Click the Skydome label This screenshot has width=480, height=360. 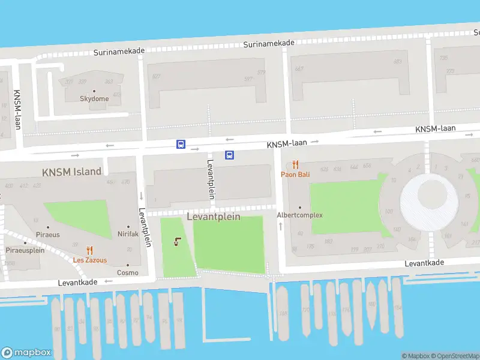(95, 98)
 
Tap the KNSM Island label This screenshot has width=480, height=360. (71, 172)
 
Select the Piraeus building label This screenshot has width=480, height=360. (48, 235)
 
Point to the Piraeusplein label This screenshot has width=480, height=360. (25, 250)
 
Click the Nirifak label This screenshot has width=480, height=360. (128, 234)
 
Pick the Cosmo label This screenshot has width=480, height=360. (128, 272)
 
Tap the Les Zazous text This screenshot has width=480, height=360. (90, 260)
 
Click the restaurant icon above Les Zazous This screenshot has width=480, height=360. (90, 251)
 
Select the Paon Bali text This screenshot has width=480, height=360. (295, 175)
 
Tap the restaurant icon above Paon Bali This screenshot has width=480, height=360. (295, 164)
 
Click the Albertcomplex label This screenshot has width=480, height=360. (299, 215)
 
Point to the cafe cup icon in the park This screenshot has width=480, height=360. (177, 242)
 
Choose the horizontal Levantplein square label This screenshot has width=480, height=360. (214, 217)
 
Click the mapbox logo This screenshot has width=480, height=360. (26, 353)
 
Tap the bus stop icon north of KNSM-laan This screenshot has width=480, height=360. (181, 144)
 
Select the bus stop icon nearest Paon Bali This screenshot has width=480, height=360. (229, 155)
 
